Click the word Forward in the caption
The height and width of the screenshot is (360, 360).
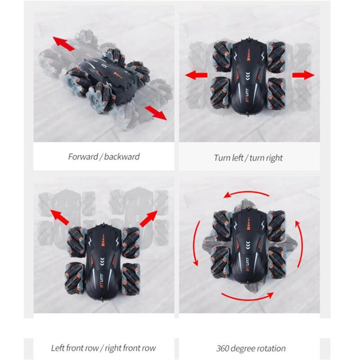pos(83,157)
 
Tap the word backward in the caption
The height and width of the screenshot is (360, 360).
pos(121,157)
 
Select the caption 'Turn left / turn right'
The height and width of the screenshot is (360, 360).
pos(248,158)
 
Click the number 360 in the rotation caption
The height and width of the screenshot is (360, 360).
pos(223,348)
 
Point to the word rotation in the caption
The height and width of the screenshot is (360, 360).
pos(272,348)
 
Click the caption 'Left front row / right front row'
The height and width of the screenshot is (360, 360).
pos(103,348)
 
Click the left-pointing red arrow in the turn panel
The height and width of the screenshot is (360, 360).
pos(196,75)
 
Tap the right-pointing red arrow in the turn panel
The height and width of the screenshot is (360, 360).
pos(303,75)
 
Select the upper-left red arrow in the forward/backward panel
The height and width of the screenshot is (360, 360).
pos(63,43)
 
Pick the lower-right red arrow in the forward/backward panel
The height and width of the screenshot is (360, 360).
pos(156,113)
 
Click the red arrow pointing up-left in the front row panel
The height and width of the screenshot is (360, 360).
pos(59,217)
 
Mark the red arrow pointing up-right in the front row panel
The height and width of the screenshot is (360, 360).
pos(149,219)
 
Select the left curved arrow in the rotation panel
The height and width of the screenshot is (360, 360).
pos(195,243)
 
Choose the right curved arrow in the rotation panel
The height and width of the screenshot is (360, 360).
pos(301,244)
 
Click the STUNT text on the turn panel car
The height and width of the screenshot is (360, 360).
pos(248,100)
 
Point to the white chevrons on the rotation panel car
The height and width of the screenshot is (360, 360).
pos(247,245)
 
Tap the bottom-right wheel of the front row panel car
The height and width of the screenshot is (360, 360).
pos(131,279)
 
